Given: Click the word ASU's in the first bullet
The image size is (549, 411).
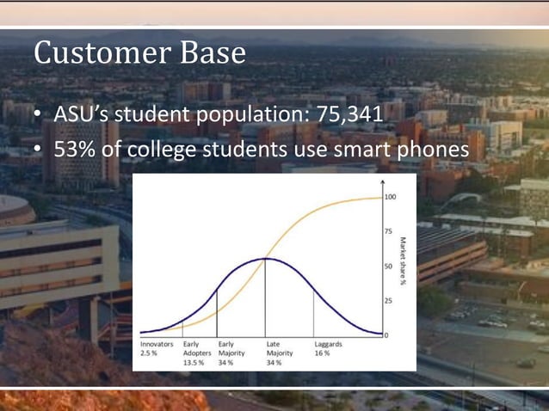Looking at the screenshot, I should click(81, 113).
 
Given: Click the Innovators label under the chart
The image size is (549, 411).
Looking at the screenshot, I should click(157, 344).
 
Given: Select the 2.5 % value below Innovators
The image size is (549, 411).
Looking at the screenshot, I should click(149, 353).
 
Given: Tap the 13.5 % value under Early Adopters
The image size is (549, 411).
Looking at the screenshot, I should click(194, 363).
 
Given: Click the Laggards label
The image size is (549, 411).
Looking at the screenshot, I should click(330, 344).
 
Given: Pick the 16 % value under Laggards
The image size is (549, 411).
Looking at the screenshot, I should click(322, 353).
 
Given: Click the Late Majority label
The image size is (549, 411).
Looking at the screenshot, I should click(280, 348).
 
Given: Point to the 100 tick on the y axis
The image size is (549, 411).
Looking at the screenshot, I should click(390, 197).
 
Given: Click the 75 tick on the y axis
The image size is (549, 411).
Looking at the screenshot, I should click(388, 231).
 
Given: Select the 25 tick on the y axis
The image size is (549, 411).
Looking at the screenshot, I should click(388, 300).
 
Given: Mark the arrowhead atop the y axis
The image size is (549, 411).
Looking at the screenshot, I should click(379, 183).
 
